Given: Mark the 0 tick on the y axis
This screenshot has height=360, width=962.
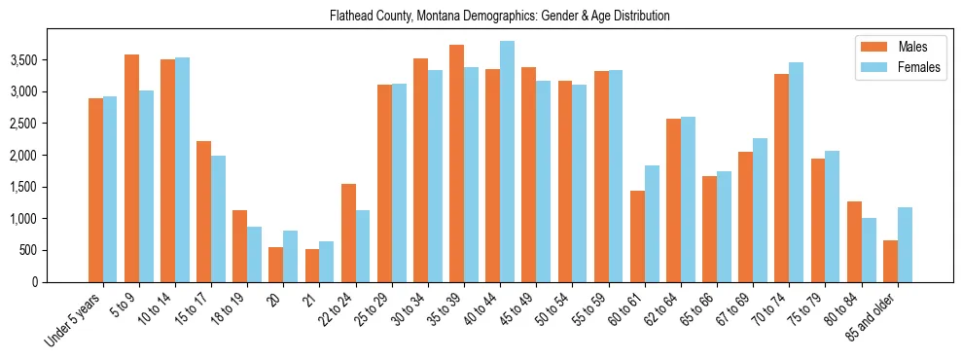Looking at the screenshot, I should pyautogui.click(x=61, y=282).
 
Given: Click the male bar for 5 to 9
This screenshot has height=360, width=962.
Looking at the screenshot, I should pyautogui.click(x=131, y=168).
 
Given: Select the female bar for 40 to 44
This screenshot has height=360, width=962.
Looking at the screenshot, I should pyautogui.click(x=507, y=162).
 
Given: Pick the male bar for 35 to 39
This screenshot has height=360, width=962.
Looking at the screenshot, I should pyautogui.click(x=456, y=163).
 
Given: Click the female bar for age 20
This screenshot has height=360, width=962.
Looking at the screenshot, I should pyautogui.click(x=291, y=256).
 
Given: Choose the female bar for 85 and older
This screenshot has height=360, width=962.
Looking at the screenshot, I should pyautogui.click(x=905, y=244).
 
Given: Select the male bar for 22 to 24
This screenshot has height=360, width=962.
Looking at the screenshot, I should pyautogui.click(x=348, y=233).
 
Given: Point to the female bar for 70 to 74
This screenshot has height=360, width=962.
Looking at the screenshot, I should pyautogui.click(x=797, y=172).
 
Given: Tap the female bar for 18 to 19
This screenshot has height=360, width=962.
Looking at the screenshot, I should pyautogui.click(x=255, y=254).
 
